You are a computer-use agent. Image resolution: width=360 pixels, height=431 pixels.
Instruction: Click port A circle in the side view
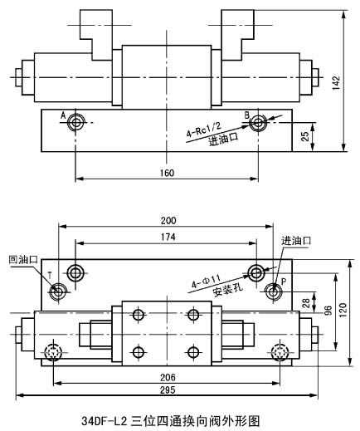pyautogui.click(x=76, y=123)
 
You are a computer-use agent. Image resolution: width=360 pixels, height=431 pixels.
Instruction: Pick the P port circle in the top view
pyautogui.click(x=275, y=291)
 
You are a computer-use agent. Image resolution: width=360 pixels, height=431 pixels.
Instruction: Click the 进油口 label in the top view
pyautogui.click(x=295, y=240)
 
